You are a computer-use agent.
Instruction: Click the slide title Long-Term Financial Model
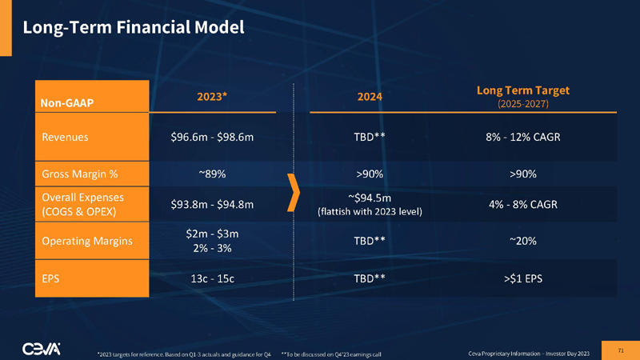click(x=133, y=27)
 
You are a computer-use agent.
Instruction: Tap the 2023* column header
click(x=212, y=97)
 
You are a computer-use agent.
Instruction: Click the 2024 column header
click(x=370, y=97)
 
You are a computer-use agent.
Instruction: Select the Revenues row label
click(x=65, y=137)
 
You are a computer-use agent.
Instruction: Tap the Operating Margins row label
click(x=86, y=240)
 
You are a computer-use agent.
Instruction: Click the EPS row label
click(x=51, y=280)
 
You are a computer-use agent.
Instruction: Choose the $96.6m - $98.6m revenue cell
click(x=212, y=137)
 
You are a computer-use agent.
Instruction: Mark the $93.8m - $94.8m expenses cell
click(x=212, y=204)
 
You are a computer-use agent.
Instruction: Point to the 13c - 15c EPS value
click(x=212, y=280)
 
